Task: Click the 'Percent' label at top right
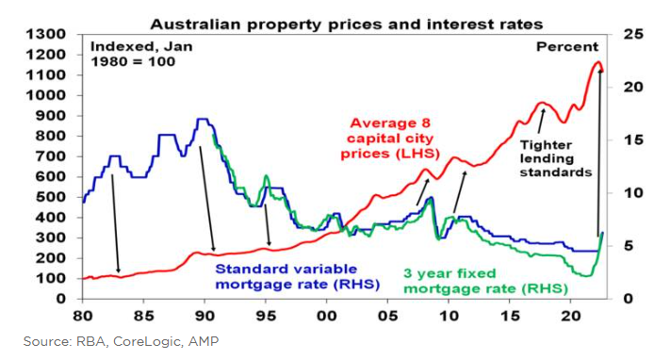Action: click(566, 46)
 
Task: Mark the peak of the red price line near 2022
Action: click(597, 63)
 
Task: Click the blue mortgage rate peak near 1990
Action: click(202, 120)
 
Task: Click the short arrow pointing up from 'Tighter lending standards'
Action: click(541, 121)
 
